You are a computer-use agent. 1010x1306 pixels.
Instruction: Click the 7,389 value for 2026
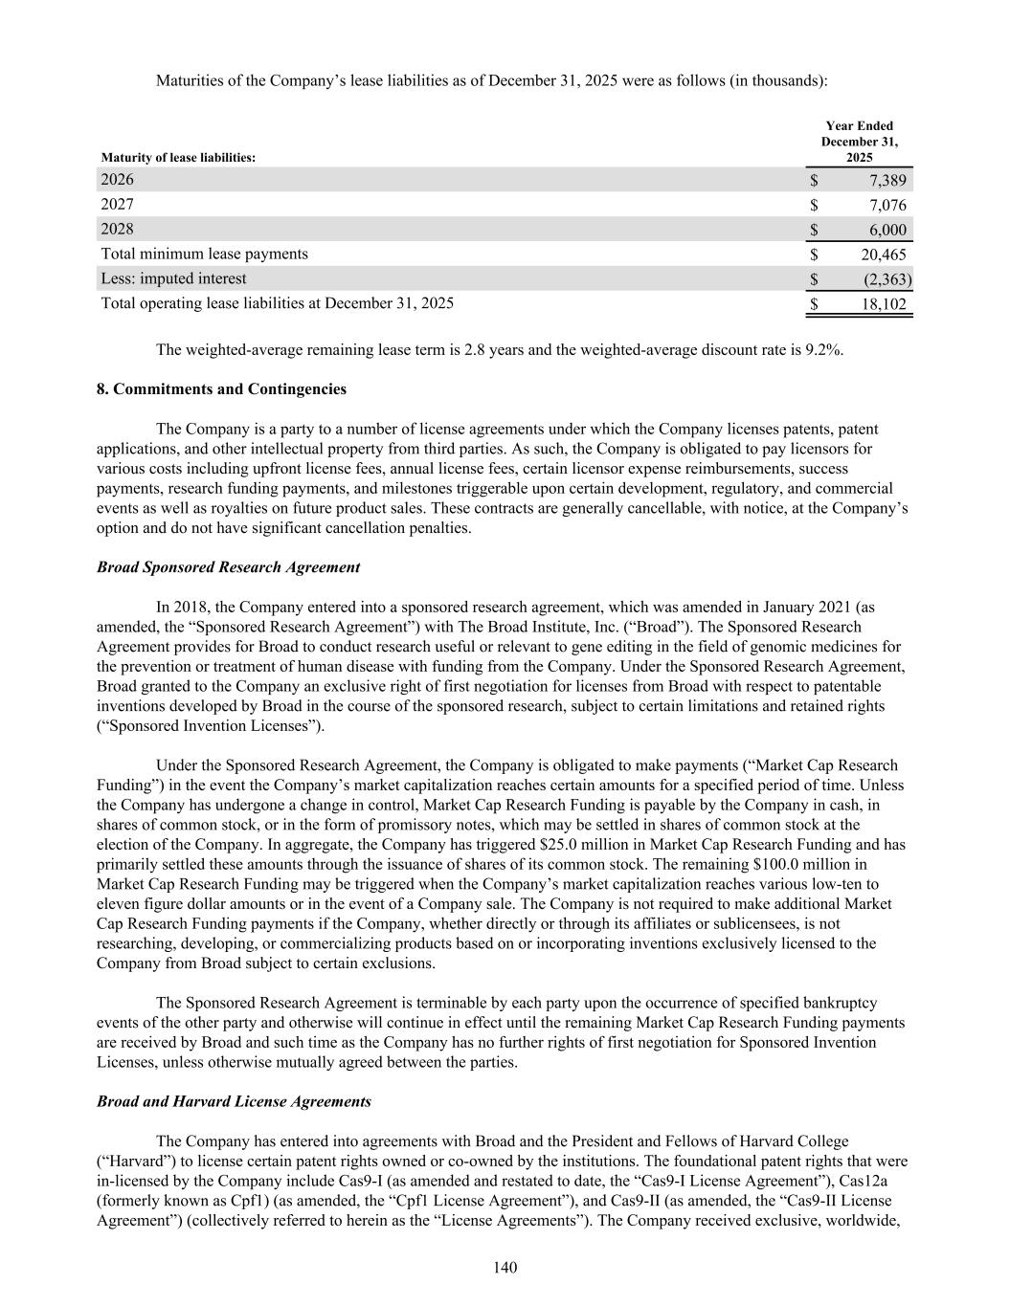pyautogui.click(x=887, y=180)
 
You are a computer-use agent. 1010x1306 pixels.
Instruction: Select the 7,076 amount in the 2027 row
pyautogui.click(x=887, y=205)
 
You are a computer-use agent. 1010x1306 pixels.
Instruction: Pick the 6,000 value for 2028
pyautogui.click(x=887, y=230)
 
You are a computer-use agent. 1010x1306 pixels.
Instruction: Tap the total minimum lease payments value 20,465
pyautogui.click(x=884, y=255)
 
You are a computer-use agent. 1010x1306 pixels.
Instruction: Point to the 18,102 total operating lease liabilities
pyautogui.click(x=884, y=304)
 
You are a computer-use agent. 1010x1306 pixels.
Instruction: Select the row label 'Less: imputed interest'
pyautogui.click(x=173, y=278)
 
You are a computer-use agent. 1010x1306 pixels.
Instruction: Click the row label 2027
pyautogui.click(x=118, y=204)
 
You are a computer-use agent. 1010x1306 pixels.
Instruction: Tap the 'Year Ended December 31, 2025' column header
pyautogui.click(x=859, y=142)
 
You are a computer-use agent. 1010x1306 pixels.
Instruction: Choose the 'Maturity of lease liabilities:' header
pyautogui.click(x=178, y=158)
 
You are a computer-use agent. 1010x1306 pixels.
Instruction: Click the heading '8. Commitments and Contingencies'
pyautogui.click(x=221, y=389)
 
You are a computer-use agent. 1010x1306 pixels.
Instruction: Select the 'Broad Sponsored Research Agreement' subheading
pyautogui.click(x=228, y=567)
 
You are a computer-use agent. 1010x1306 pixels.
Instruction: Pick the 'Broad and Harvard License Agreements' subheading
pyautogui.click(x=234, y=1101)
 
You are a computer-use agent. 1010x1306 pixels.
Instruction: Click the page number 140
pyautogui.click(x=505, y=1268)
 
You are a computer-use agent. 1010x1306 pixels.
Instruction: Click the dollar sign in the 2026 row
pyautogui.click(x=814, y=180)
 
